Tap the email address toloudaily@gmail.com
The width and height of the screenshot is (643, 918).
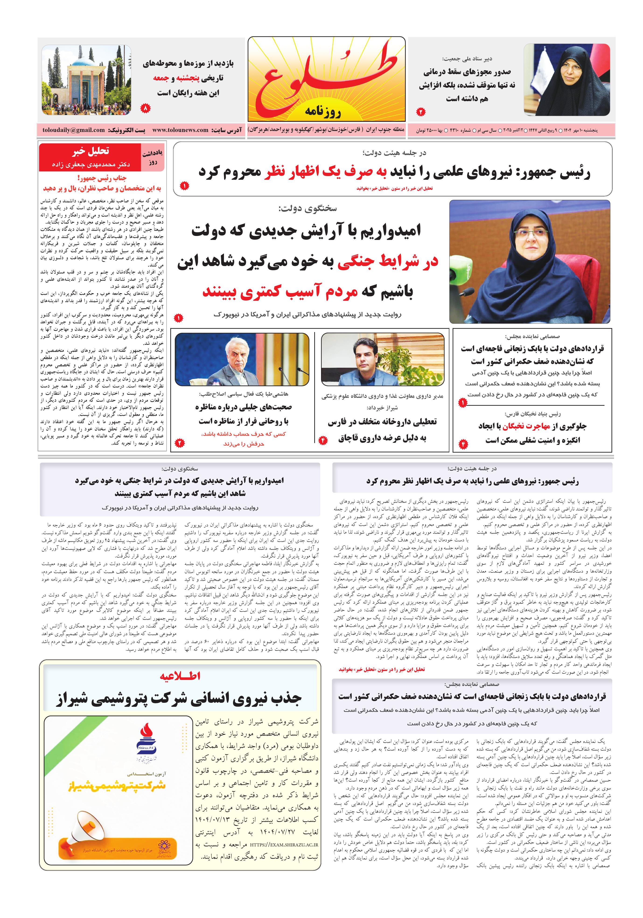click(x=74, y=130)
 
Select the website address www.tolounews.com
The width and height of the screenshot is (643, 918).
click(x=180, y=130)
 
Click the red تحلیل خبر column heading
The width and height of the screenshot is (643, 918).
click(x=91, y=151)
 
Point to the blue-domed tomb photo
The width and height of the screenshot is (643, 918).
click(x=86, y=80)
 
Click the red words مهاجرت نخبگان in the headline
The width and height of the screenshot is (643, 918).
click(x=526, y=426)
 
